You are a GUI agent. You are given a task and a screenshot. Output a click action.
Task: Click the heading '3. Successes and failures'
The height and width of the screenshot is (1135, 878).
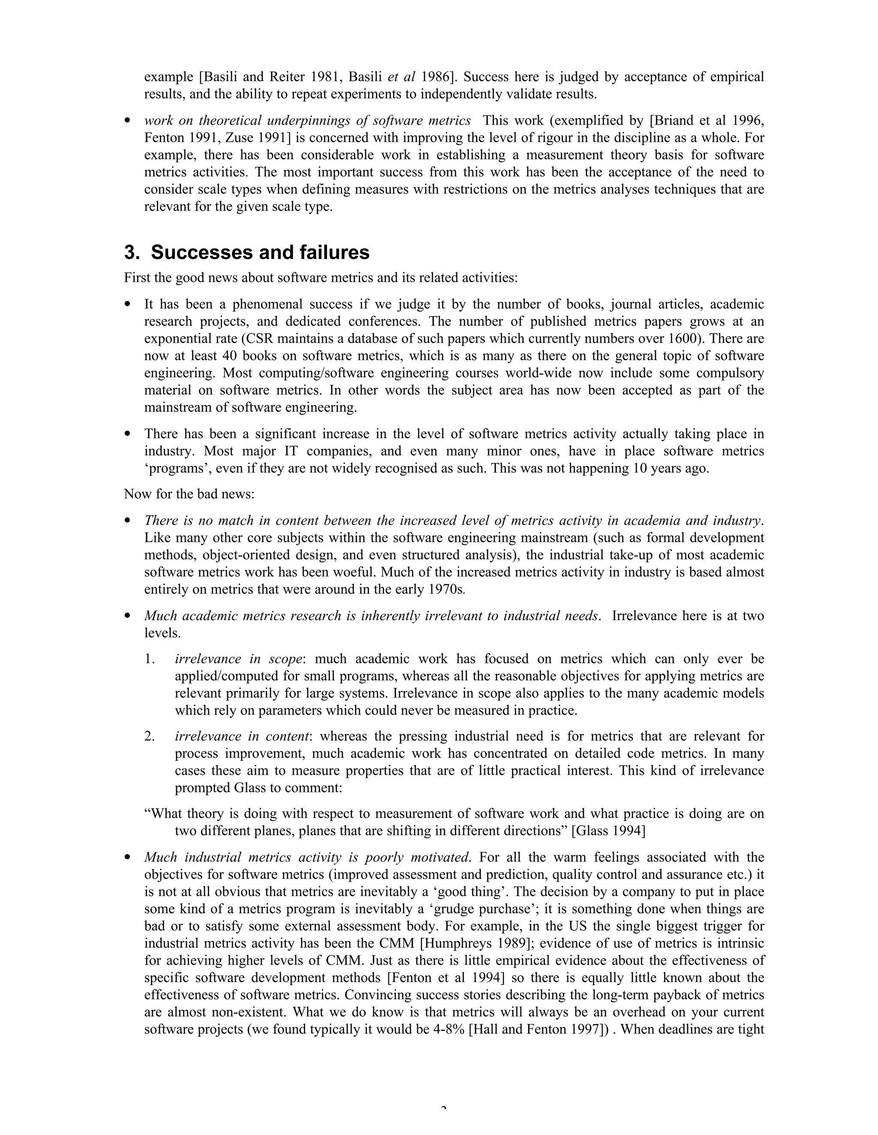[247, 253]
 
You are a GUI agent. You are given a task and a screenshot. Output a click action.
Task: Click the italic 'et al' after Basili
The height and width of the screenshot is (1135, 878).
[402, 77]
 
